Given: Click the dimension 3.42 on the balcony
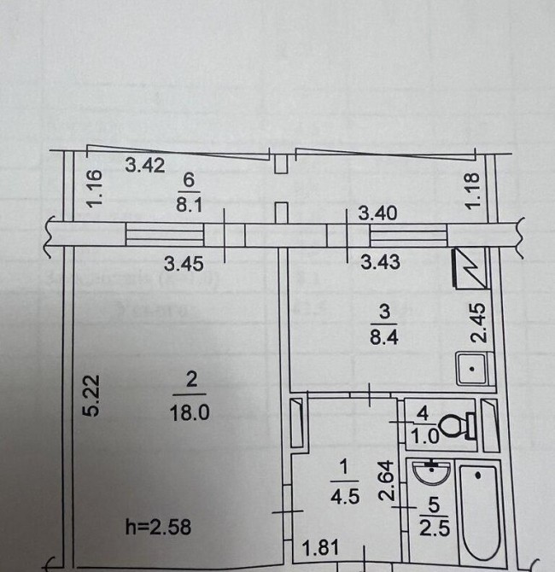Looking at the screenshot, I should (145, 166).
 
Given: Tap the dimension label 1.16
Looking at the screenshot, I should (96, 188).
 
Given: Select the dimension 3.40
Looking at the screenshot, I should (377, 213).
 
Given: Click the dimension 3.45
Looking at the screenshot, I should (189, 264).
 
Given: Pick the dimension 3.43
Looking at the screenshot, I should (380, 263).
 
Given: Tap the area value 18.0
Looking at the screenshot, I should (191, 411).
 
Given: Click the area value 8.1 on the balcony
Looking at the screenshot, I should (189, 205).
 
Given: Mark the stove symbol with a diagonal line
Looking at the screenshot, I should (469, 266).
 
